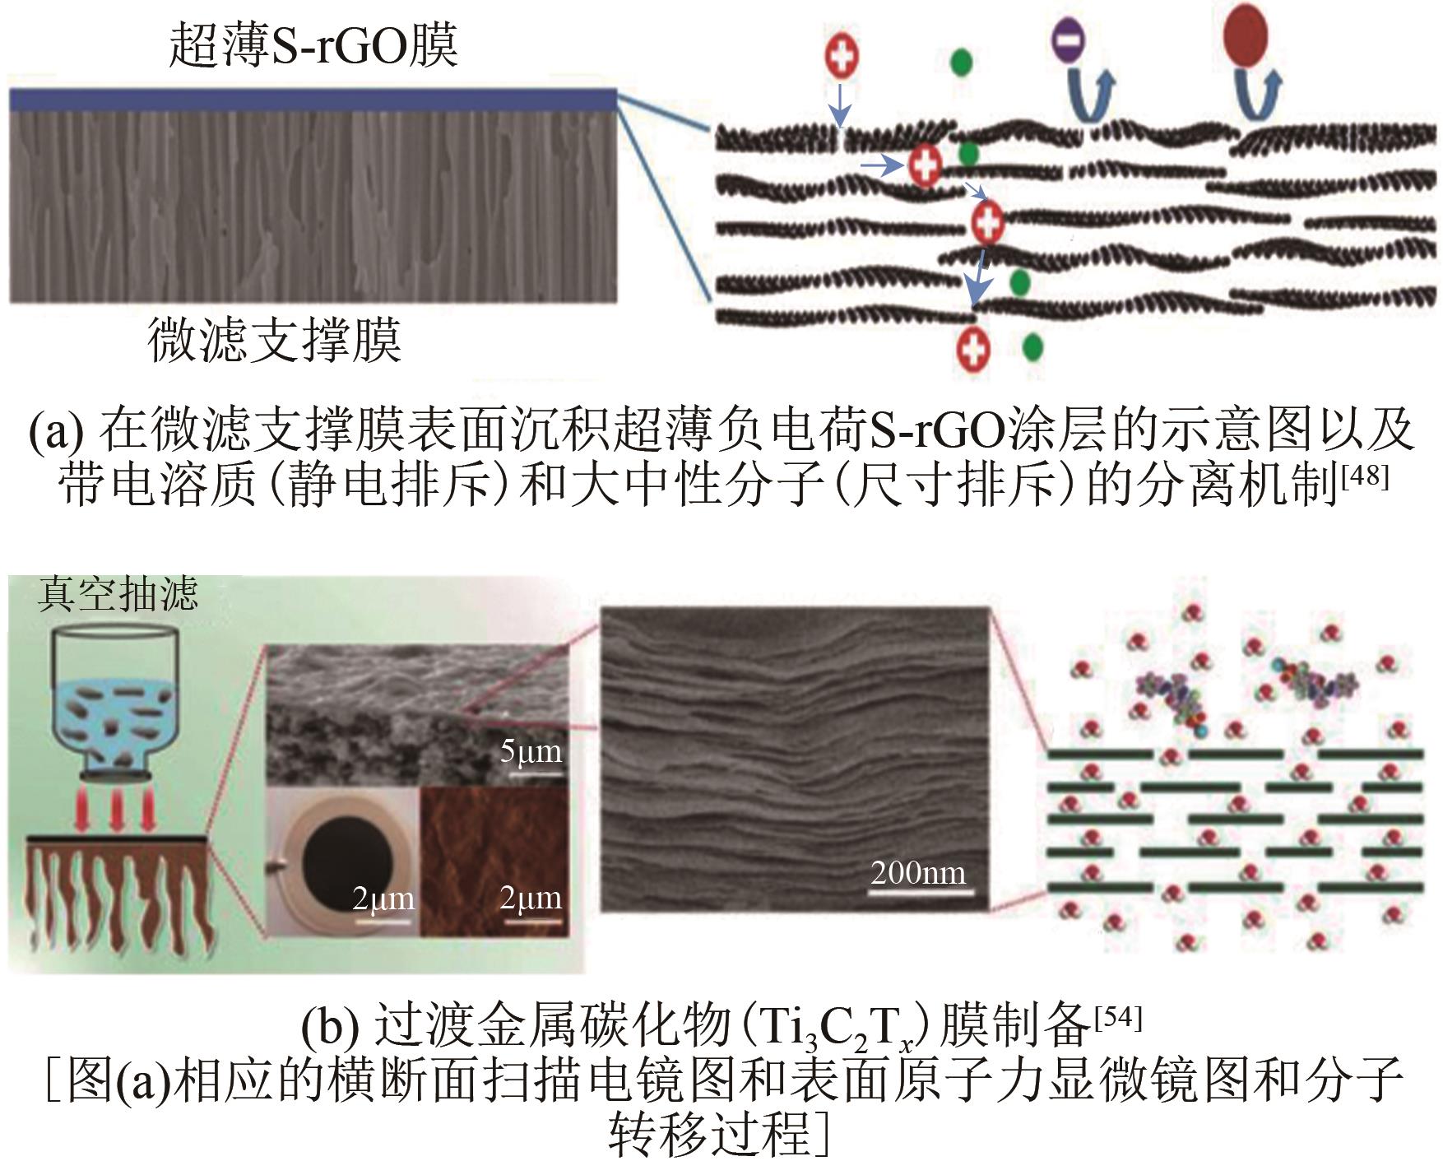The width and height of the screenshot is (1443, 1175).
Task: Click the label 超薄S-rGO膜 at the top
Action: coord(313,44)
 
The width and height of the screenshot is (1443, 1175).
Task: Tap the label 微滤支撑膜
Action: coord(274,339)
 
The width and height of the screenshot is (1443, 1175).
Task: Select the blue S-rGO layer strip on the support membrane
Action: coord(313,100)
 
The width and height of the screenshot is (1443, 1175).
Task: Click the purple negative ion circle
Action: coord(1069,39)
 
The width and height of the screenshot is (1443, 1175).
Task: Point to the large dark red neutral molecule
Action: coord(1246,37)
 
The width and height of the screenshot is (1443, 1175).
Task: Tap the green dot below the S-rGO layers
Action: coord(1032,347)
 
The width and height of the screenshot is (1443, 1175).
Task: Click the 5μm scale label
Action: coord(531,751)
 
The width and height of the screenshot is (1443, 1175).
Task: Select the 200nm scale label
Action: coord(918,872)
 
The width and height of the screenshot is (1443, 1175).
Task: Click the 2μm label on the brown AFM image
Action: coord(531,898)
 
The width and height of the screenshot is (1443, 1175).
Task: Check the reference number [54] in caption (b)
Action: coord(1119,1018)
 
